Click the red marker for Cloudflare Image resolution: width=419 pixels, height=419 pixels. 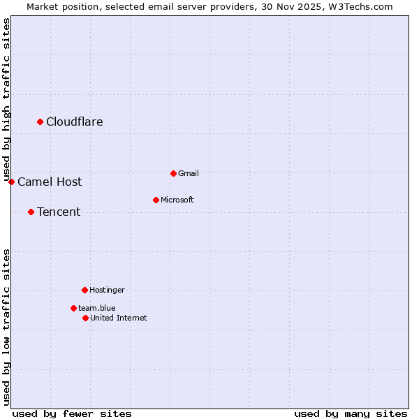pos(40,122)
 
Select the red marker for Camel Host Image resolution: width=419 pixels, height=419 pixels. pos(11,182)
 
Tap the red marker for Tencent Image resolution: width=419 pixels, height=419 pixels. pos(31,212)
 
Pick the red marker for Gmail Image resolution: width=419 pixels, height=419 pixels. pos(173,173)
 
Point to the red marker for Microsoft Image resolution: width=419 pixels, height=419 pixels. pos(156,200)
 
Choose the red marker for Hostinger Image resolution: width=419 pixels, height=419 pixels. pos(84,290)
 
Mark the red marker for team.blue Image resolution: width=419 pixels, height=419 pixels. pos(73,308)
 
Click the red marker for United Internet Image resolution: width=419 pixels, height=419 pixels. pos(85,318)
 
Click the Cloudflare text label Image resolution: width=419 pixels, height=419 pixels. pos(75,122)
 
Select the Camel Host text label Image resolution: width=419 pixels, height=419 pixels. pos(50,182)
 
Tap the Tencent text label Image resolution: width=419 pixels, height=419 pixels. pos(59,212)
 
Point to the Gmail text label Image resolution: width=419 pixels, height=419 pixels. pos(189,173)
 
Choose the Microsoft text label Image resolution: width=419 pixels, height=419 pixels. pos(177,200)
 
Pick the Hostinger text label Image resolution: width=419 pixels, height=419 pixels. pos(107,290)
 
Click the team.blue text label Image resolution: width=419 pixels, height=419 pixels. pos(97,308)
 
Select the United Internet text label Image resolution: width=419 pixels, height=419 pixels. pos(119,318)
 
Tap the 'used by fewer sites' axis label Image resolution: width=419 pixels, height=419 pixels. pos(72,413)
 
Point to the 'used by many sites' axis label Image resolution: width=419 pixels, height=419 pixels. pos(351,413)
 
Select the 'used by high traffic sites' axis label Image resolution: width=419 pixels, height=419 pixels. pos(6,98)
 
